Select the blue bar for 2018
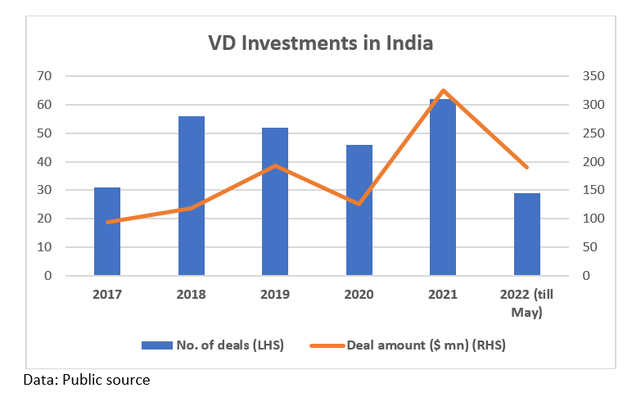pos(192,196)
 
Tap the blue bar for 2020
pos(359,210)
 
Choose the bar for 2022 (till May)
pos(527,235)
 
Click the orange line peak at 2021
pos(443,91)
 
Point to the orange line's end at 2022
pos(527,167)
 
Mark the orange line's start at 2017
pos(107,222)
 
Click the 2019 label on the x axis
pos(276,295)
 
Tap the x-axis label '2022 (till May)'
pos(527,303)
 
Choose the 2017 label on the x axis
pos(107,295)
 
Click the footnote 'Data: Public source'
pos(87,380)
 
